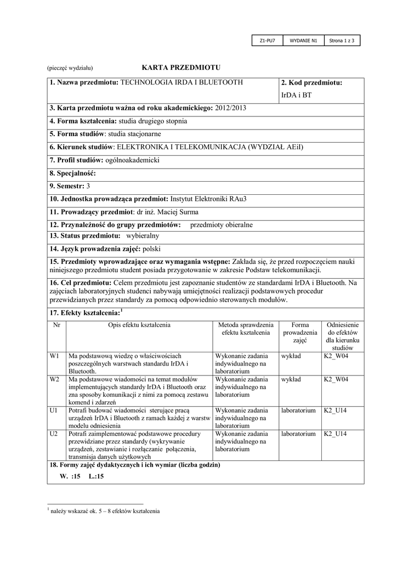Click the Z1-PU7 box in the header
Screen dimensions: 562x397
pyautogui.click(x=267, y=41)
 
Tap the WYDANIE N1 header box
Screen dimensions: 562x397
pyautogui.click(x=304, y=41)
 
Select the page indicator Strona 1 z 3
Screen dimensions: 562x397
pyautogui.click(x=342, y=41)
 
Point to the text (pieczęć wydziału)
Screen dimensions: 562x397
pyautogui.click(x=70, y=68)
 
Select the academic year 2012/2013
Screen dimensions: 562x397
pyautogui.click(x=231, y=108)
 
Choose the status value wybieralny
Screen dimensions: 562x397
pyautogui.click(x=143, y=235)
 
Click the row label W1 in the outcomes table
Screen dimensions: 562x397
pyautogui.click(x=54, y=356)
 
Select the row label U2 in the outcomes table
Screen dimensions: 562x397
pyautogui.click(x=54, y=434)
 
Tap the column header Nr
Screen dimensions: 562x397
pyautogui.click(x=56, y=325)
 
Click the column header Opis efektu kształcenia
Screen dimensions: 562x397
pyautogui.click(x=139, y=325)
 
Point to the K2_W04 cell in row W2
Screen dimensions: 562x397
pyautogui.click(x=336, y=379)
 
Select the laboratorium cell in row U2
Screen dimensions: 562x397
pyautogui.click(x=298, y=434)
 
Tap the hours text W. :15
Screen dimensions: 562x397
pyautogui.click(x=70, y=476)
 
